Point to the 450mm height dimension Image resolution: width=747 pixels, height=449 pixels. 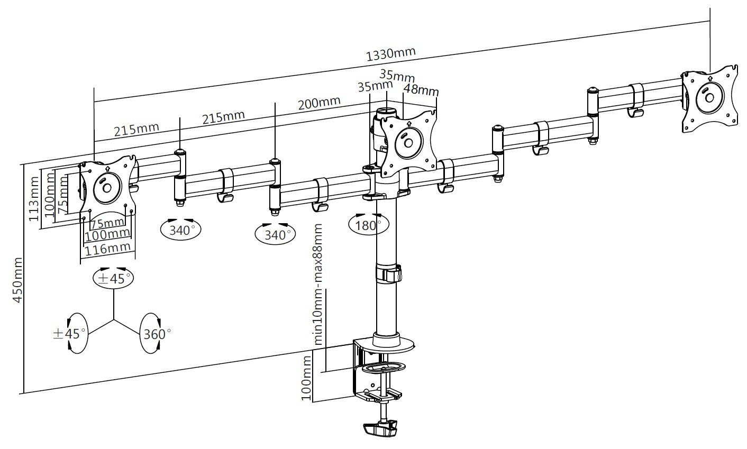point(18,280)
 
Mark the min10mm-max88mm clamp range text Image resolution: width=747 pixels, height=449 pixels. point(318,284)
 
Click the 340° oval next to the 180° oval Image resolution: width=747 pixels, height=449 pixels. point(275,234)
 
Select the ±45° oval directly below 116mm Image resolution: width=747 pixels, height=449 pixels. point(112,278)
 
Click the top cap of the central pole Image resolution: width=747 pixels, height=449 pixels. point(386,112)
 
